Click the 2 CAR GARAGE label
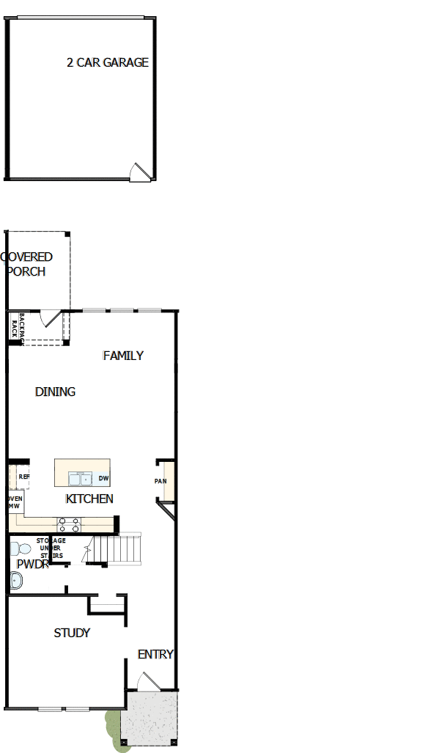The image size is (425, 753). (107, 63)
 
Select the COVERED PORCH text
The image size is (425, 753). (27, 264)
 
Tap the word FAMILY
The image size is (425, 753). (123, 356)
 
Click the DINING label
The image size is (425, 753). (55, 392)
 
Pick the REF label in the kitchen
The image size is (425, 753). (23, 477)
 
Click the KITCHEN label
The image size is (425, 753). (89, 499)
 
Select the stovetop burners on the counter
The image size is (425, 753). (69, 524)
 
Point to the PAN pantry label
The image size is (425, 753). (160, 481)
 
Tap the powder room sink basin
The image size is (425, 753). (15, 581)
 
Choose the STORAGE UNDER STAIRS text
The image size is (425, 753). (51, 548)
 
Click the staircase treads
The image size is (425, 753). (120, 547)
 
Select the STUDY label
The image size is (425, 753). (72, 633)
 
